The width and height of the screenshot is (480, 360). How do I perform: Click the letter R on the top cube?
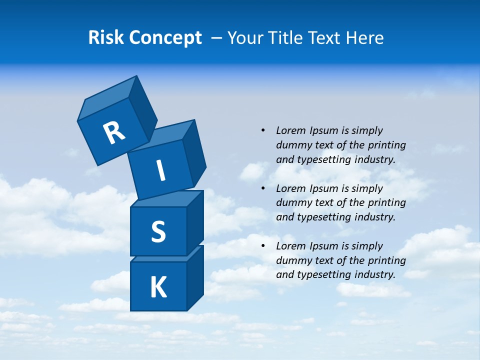(114, 132)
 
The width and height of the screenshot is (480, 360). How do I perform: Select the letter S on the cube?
(158, 231)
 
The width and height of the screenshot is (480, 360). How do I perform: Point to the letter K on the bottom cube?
(158, 287)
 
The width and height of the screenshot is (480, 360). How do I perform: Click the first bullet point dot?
(263, 130)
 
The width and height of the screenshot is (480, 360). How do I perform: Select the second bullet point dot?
(263, 188)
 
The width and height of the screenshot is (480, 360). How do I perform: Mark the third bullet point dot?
(263, 246)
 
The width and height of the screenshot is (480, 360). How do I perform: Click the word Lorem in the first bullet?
(290, 130)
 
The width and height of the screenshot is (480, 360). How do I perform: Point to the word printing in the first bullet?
(387, 145)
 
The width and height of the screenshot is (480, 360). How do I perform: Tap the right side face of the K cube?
(195, 277)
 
